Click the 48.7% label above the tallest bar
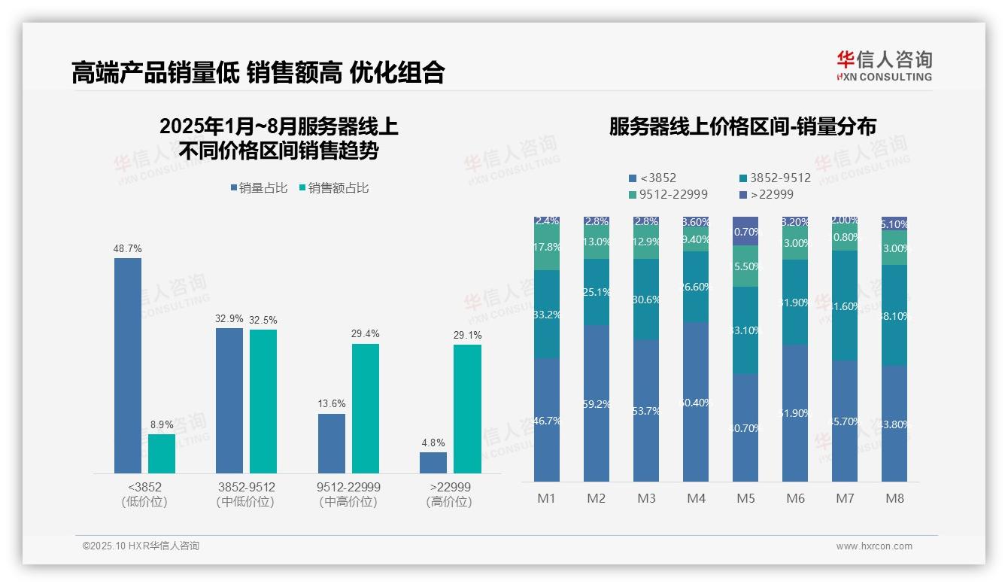coord(128,249)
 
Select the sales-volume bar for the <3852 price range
coord(128,366)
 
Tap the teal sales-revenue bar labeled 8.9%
coord(161,454)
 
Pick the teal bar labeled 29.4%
coord(365,409)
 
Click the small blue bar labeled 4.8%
coord(433,463)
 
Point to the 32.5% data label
coord(263,320)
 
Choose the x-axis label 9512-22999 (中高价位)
coord(348,494)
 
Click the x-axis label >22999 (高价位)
coord(449,494)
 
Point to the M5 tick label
coord(745,498)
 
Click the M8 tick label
coord(894,498)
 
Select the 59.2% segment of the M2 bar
coord(597,403)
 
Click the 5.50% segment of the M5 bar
coord(745,266)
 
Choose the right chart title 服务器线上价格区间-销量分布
coord(742,126)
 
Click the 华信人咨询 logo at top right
coord(884,65)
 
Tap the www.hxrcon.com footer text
coord(873,546)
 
